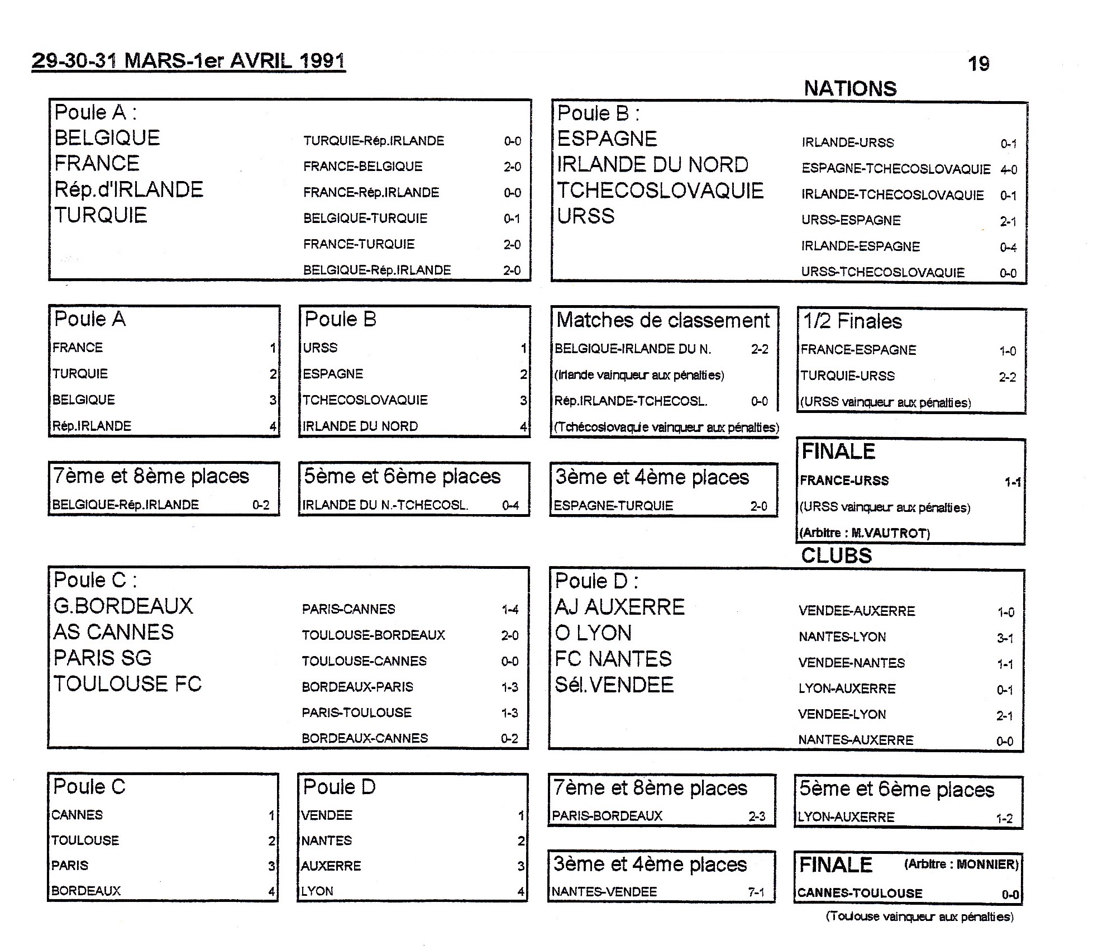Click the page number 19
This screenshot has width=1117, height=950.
(x=978, y=64)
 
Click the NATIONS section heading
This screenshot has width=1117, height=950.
(x=850, y=89)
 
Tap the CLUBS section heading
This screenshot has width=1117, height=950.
(x=836, y=555)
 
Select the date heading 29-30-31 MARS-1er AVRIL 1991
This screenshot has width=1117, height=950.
(x=189, y=60)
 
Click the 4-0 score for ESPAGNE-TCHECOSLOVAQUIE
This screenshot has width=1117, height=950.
(x=1009, y=169)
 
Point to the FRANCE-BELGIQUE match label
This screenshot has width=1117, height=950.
(x=362, y=167)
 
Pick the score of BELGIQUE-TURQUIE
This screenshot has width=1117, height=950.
(x=512, y=218)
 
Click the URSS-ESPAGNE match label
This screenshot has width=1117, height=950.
(x=851, y=221)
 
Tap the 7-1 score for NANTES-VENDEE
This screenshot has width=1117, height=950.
(x=756, y=892)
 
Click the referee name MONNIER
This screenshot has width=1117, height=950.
(x=987, y=864)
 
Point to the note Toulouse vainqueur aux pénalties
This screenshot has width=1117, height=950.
(x=919, y=916)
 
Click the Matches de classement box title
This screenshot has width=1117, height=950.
(x=663, y=320)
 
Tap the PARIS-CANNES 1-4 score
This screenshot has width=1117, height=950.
(x=510, y=610)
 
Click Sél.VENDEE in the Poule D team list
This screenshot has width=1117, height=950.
(x=614, y=685)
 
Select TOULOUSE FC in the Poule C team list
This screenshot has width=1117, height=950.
(x=127, y=684)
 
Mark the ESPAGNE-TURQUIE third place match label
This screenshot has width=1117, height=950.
(x=613, y=506)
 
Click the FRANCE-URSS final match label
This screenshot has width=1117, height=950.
(x=844, y=481)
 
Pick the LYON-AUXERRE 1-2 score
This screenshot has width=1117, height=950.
(x=1004, y=819)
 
